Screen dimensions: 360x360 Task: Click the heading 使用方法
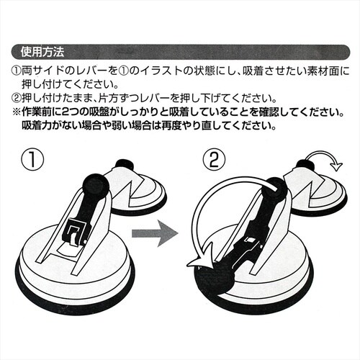point(44,52)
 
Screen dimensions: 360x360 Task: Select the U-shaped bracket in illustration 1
point(74,231)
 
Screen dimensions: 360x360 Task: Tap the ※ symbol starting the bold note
point(17,112)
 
